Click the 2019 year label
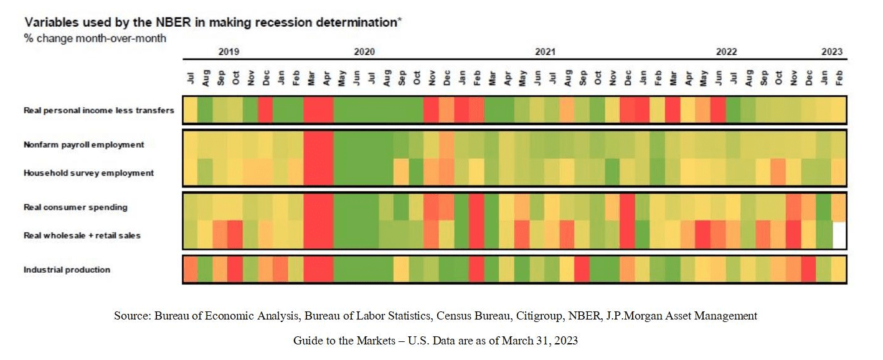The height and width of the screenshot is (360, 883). point(229,52)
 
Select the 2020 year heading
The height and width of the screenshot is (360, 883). point(364,52)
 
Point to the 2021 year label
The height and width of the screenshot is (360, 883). point(545,52)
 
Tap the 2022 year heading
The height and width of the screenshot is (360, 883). point(726,52)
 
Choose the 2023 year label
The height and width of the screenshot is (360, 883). point(831,52)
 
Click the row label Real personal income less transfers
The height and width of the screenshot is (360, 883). point(99,110)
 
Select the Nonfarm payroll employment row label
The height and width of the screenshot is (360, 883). point(84,144)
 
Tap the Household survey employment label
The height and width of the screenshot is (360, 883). point(88,173)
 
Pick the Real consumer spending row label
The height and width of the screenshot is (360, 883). point(76,207)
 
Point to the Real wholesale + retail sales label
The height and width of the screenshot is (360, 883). point(82,235)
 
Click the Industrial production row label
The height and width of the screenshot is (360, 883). point(67,270)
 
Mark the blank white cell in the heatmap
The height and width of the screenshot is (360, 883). point(839,235)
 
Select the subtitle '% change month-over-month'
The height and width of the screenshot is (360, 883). point(95,39)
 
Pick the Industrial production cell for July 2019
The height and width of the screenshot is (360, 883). point(191,270)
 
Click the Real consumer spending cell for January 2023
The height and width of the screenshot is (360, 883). point(824,207)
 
